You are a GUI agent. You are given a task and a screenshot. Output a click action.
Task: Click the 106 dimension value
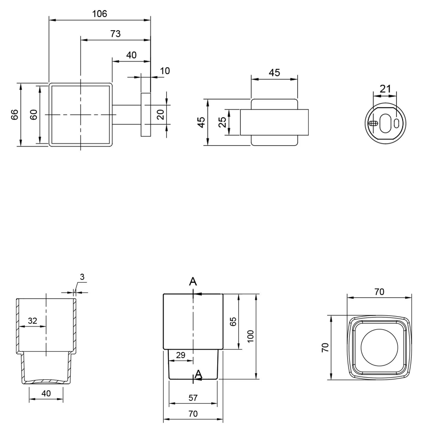(100, 14)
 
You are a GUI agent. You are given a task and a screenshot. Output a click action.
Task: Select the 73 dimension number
(115, 34)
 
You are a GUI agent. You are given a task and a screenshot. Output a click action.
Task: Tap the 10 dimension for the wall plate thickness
(165, 71)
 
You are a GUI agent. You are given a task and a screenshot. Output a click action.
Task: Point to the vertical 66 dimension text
(15, 115)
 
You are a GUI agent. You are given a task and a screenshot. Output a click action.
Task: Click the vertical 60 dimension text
(34, 115)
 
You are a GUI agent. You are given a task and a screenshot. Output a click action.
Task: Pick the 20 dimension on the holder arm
(161, 115)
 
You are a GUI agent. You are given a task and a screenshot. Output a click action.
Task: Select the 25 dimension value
(222, 122)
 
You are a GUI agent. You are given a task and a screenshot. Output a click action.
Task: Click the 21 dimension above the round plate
(385, 89)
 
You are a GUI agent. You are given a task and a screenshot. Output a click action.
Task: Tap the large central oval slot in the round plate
(385, 123)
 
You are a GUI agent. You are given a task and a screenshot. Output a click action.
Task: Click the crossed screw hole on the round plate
(373, 123)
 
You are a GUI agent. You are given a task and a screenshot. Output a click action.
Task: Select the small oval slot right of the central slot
(396, 123)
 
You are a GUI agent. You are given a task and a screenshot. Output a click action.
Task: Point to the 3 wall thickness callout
(82, 277)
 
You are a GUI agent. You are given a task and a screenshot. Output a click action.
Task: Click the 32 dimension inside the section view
(32, 321)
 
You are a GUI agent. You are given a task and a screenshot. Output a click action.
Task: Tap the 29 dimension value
(181, 355)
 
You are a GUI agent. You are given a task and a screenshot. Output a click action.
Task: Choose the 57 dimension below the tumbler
(193, 398)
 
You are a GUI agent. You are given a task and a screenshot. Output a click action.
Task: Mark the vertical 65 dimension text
(233, 321)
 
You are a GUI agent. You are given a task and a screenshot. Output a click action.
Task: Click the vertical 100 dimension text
(251, 336)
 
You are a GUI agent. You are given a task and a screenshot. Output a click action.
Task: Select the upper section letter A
(193, 282)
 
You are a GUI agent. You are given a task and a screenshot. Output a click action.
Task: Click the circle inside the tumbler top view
(379, 347)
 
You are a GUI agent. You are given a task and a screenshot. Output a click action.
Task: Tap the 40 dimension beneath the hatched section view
(46, 393)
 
